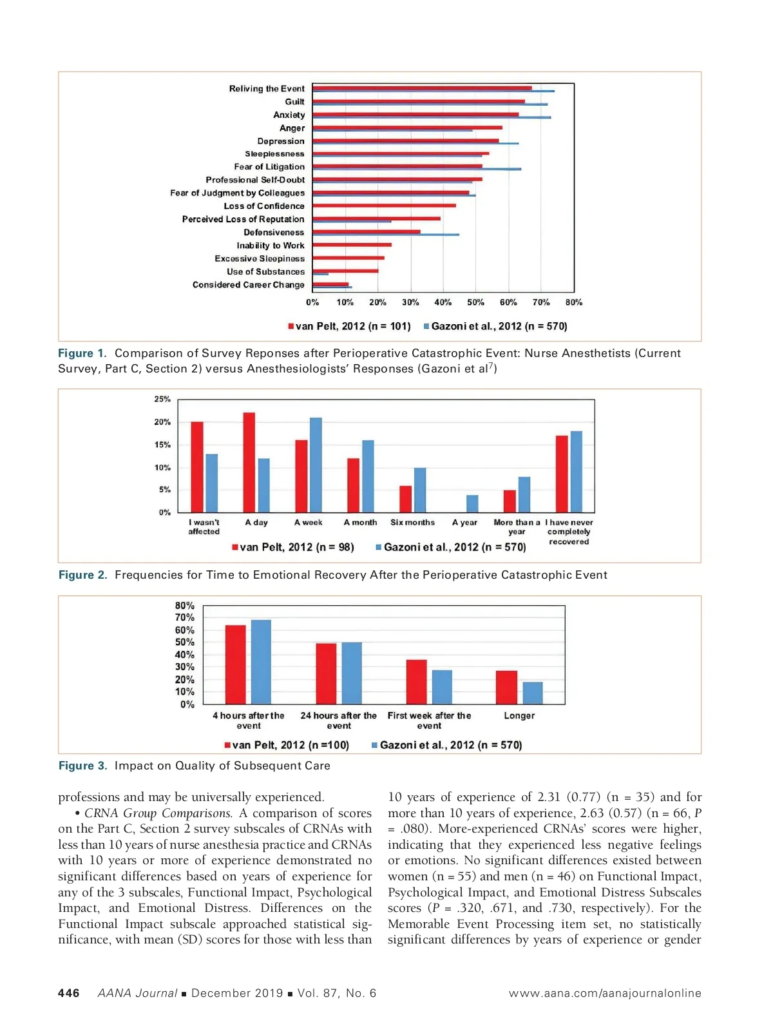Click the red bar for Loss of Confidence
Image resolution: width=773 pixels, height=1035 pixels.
click(384, 206)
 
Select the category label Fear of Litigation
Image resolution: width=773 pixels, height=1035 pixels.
click(269, 167)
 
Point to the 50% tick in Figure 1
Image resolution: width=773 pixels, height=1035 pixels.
click(475, 302)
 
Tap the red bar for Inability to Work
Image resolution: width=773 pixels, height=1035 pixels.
click(352, 245)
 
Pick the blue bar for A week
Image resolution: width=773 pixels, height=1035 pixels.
click(316, 465)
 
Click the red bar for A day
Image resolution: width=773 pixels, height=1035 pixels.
click(249, 462)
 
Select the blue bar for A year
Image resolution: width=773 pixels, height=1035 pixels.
click(472, 503)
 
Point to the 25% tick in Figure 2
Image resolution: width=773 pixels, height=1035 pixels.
click(162, 400)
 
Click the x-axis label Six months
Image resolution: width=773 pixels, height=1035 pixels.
click(412, 523)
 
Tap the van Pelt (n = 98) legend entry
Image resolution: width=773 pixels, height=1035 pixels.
click(293, 547)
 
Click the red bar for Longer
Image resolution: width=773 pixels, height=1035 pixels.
click(506, 687)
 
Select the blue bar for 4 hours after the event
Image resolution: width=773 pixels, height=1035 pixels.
click(261, 662)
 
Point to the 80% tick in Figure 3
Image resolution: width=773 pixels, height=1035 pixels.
click(184, 606)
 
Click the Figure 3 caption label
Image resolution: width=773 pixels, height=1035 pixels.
click(83, 766)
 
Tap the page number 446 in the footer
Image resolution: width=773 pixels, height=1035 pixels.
click(69, 993)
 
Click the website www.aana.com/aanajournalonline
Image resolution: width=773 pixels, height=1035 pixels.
click(604, 993)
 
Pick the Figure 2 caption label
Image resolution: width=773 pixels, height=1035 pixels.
click(83, 575)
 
